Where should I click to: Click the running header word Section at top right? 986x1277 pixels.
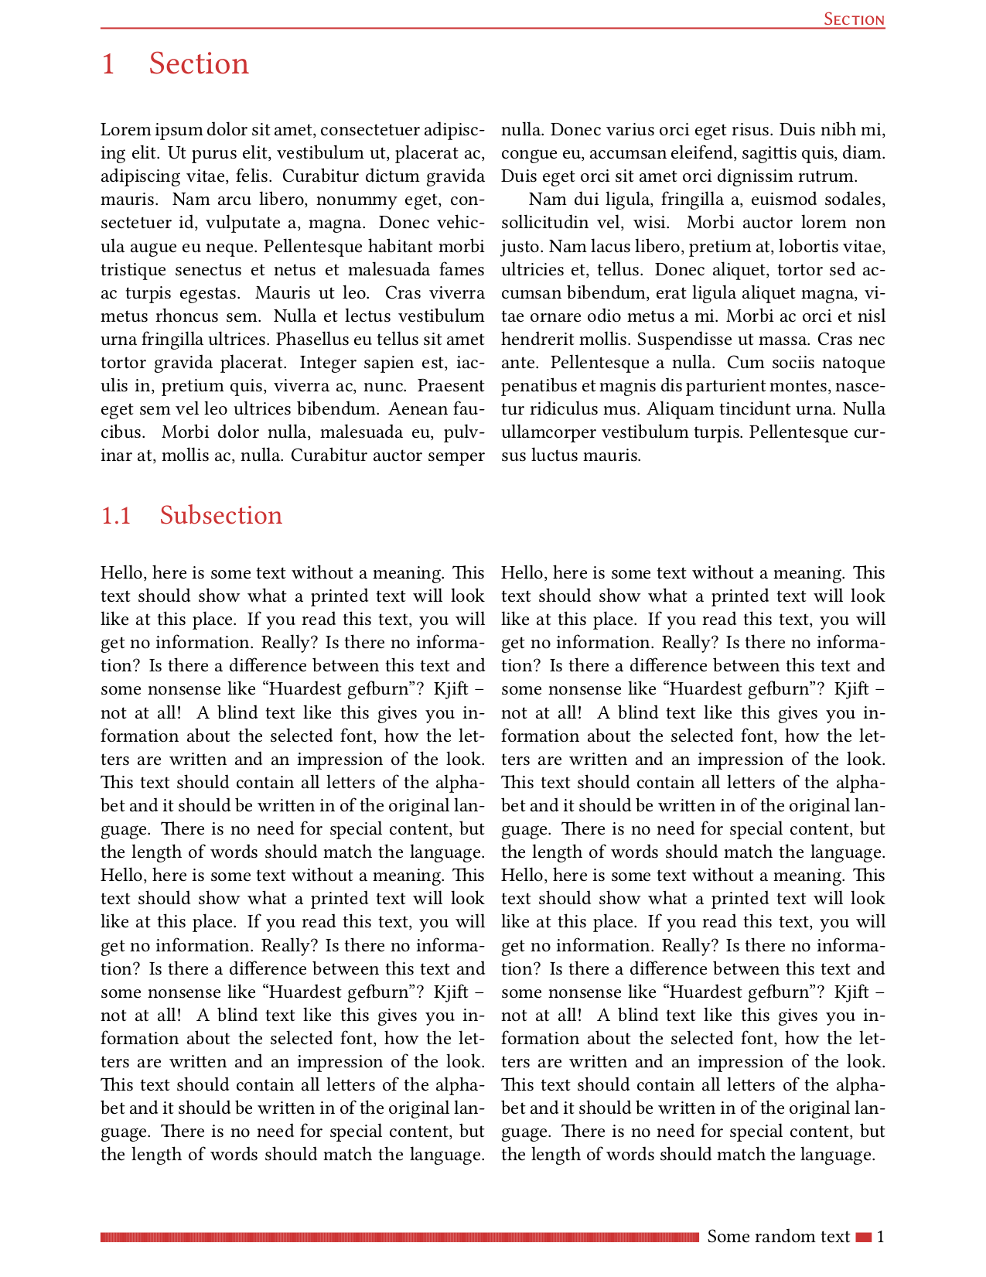(x=854, y=19)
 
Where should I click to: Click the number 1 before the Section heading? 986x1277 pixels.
(x=107, y=64)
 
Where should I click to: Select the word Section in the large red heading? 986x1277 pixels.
(x=199, y=64)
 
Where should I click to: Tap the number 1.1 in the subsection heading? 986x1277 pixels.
(x=116, y=516)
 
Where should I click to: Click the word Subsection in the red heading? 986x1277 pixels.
(x=220, y=516)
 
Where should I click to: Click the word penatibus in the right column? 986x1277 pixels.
(x=537, y=386)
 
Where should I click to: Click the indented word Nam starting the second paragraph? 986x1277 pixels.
(x=548, y=200)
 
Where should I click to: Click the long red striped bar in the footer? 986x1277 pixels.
(x=399, y=1237)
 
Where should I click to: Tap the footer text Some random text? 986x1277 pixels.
(x=778, y=1237)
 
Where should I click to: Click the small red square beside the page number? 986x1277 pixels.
(x=864, y=1238)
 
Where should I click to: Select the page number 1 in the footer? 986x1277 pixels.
(x=880, y=1237)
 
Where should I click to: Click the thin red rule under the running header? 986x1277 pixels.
(x=464, y=28)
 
